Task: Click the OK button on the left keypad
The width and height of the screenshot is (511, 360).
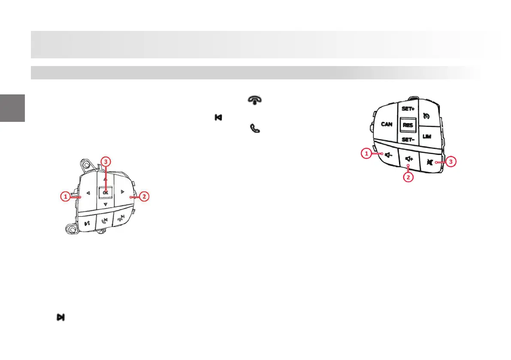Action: click(x=105, y=193)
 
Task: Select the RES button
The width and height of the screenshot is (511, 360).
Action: click(x=408, y=125)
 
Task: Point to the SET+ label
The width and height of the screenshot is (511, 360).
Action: click(x=408, y=109)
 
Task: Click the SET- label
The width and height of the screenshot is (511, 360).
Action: click(x=408, y=140)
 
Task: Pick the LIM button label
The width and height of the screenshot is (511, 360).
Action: click(x=426, y=136)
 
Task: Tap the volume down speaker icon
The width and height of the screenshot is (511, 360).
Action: click(x=389, y=156)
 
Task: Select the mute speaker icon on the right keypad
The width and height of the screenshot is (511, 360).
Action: click(x=430, y=162)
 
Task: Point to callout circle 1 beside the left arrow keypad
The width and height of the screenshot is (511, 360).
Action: click(x=65, y=197)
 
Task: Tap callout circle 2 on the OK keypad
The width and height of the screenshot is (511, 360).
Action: click(x=145, y=197)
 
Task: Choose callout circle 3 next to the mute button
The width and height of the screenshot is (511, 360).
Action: click(x=451, y=162)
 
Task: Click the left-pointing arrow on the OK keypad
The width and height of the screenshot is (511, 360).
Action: click(x=88, y=193)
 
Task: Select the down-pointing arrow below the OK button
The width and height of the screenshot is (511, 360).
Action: click(x=105, y=205)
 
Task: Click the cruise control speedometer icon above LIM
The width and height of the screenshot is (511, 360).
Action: click(x=426, y=116)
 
